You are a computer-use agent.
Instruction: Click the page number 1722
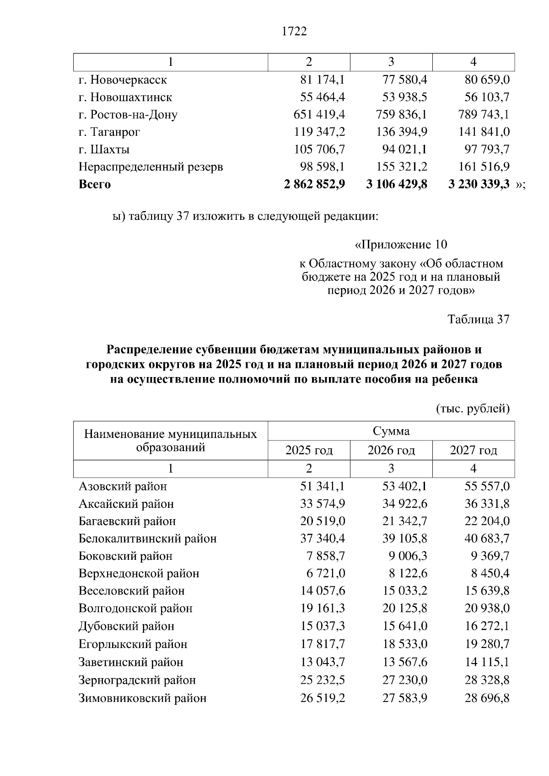point(294,32)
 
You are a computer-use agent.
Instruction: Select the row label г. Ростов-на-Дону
point(128,115)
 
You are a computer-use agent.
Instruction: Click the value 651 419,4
point(319,115)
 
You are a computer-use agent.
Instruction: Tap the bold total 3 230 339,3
point(479,184)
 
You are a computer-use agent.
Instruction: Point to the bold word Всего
point(95,185)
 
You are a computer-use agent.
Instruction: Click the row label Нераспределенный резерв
point(151,167)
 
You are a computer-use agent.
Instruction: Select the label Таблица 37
point(479,319)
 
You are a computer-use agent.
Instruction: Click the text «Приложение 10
point(401,244)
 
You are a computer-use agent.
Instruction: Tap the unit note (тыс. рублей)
point(473,408)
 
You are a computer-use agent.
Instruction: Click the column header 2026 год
point(391,451)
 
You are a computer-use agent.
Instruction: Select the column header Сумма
point(391,431)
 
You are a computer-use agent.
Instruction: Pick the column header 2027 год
point(474,451)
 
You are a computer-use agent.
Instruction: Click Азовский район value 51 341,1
point(323,486)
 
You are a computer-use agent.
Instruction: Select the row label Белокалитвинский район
point(147,539)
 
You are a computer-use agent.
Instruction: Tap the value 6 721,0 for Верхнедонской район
point(326,574)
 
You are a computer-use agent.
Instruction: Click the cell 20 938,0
point(487,609)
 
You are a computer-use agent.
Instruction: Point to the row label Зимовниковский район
point(142,698)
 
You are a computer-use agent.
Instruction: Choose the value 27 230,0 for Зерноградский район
point(405,680)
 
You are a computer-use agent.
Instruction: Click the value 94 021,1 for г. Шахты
point(405,149)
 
